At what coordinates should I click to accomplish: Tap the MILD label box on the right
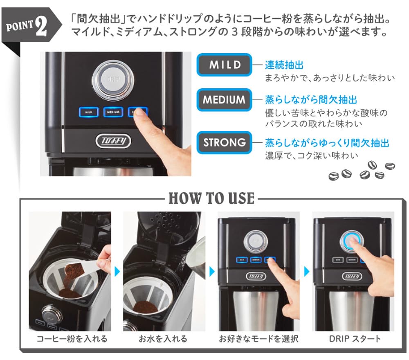(x=225, y=65)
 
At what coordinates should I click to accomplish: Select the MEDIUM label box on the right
(x=225, y=99)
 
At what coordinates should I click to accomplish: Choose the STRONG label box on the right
(x=225, y=142)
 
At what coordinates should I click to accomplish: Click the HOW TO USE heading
(x=211, y=199)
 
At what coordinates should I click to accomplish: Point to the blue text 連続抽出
(x=284, y=65)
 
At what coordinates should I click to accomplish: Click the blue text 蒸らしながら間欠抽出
(x=311, y=99)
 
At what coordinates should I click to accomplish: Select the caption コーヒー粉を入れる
(x=72, y=338)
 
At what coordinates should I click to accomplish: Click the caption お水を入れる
(x=163, y=338)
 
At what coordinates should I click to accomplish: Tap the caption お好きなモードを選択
(x=258, y=338)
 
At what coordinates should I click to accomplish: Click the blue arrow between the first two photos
(x=117, y=271)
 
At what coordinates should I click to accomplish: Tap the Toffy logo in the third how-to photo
(x=257, y=277)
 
